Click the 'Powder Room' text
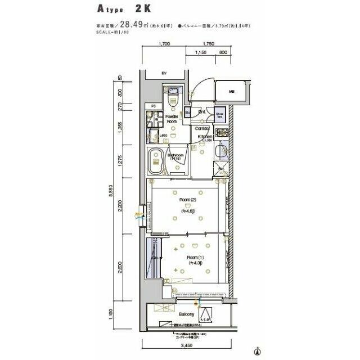click(x=172, y=119)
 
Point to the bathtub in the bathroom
click(x=155, y=163)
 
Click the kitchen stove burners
click(x=220, y=133)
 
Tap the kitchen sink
click(x=222, y=150)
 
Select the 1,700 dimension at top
click(x=164, y=43)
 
